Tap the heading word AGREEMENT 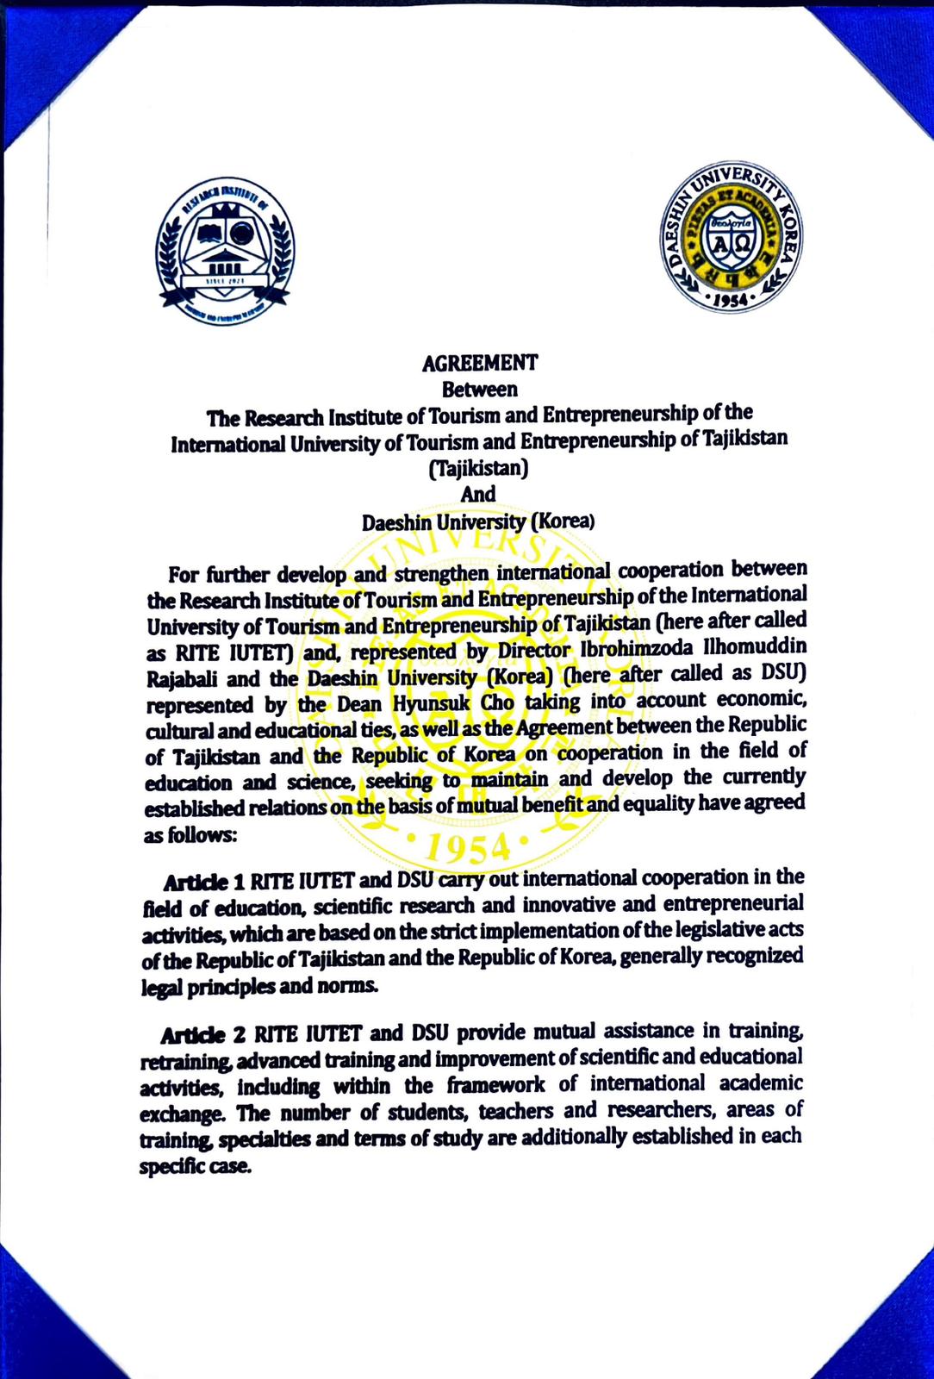click(x=479, y=363)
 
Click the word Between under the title click(x=479, y=390)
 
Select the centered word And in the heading click(x=479, y=494)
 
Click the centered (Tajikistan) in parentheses click(x=479, y=469)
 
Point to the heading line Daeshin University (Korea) click(x=479, y=521)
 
